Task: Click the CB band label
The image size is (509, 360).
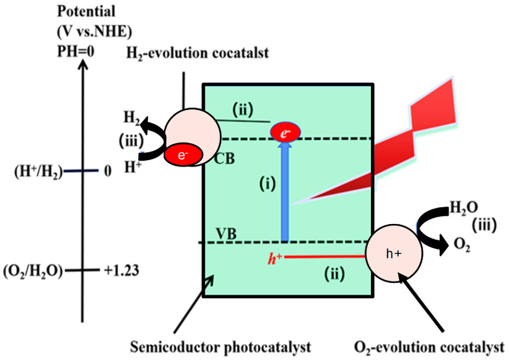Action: pos(224,159)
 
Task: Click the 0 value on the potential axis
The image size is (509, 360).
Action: pos(107,172)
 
